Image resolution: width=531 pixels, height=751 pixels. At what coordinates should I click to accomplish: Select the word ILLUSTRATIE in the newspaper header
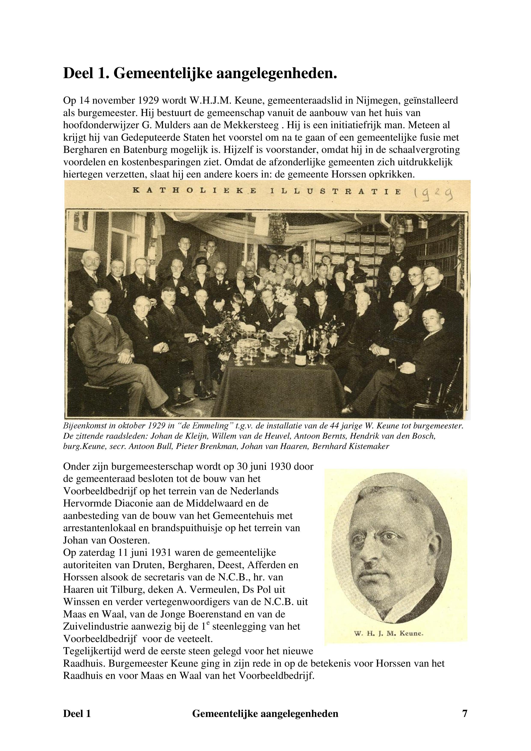(335, 192)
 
